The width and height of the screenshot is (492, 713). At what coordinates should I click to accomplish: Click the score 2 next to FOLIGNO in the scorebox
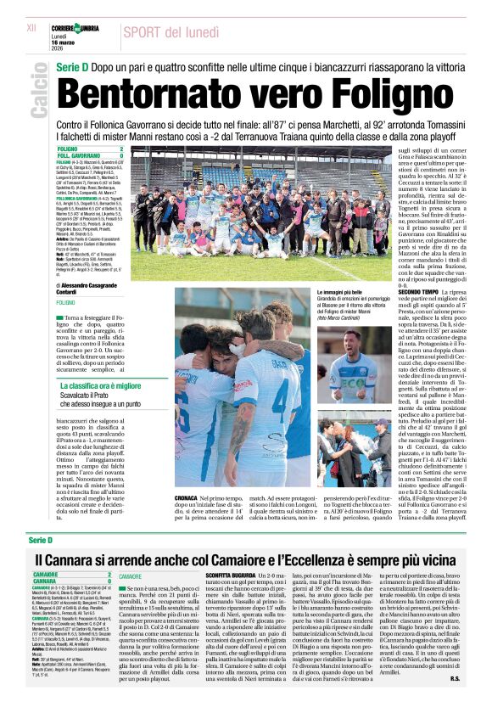pos(121,149)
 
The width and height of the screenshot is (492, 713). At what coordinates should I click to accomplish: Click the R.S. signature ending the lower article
pos(454,702)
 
